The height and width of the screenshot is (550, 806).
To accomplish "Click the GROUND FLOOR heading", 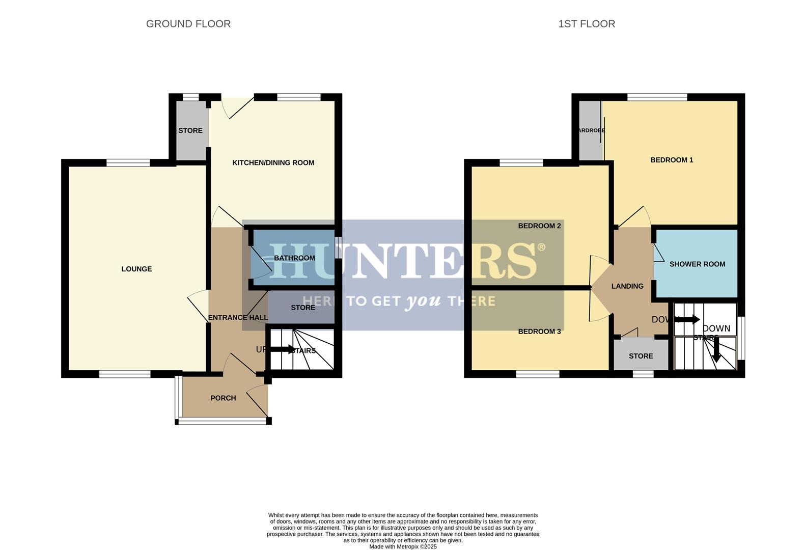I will click(x=188, y=24).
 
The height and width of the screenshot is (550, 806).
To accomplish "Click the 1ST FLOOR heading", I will click(x=586, y=24).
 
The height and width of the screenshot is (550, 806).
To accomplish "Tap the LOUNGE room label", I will click(x=136, y=269).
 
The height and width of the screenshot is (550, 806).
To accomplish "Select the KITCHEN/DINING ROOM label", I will click(x=273, y=162).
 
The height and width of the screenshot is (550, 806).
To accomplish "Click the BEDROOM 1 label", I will click(x=671, y=160).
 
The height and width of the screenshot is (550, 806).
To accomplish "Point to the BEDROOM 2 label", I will click(x=539, y=226).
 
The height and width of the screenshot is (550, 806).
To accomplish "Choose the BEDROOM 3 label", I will click(x=539, y=332).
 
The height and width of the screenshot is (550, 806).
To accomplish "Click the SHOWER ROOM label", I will click(x=697, y=264).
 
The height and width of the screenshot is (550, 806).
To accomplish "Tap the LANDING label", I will click(x=627, y=286).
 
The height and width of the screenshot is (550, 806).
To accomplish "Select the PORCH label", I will click(x=223, y=398).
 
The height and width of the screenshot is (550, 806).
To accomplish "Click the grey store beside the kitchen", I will click(x=190, y=130).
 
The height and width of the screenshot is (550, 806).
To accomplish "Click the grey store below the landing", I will click(x=641, y=356).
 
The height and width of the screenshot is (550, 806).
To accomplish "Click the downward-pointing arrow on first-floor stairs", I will click(x=716, y=351).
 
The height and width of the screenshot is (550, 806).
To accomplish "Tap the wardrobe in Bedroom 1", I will click(x=590, y=130).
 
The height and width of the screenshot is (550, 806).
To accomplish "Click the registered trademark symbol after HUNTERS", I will click(x=541, y=248).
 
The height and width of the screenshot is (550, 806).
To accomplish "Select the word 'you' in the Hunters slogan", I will click(x=423, y=301).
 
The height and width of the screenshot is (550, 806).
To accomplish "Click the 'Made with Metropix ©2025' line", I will click(x=403, y=546).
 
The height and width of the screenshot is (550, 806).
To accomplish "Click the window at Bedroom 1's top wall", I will click(x=657, y=97).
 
